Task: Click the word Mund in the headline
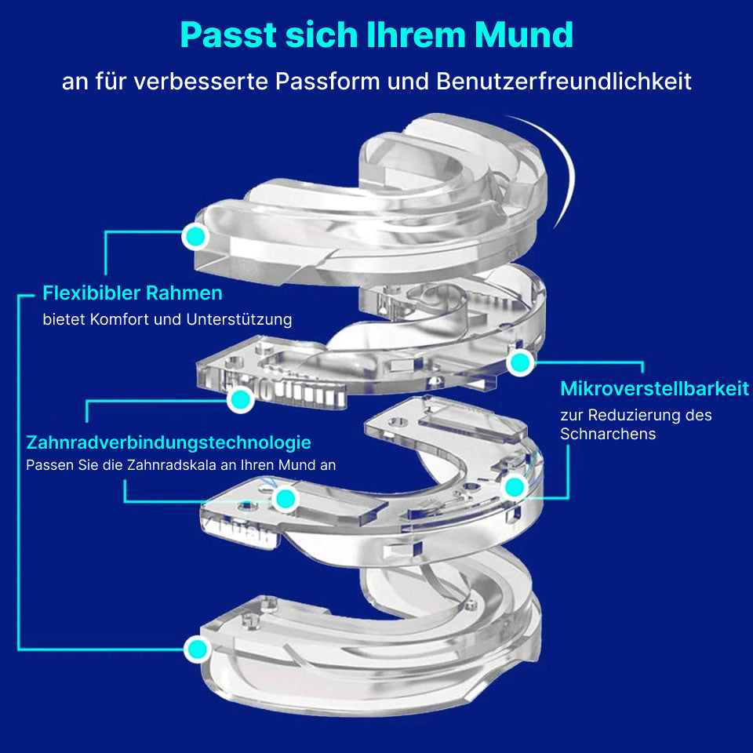(524, 35)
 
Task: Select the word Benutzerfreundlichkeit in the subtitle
(564, 81)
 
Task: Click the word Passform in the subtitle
(328, 81)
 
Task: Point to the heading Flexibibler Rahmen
(133, 293)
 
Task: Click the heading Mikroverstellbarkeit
(654, 388)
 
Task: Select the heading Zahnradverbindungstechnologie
(169, 442)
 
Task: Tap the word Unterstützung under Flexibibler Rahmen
(239, 319)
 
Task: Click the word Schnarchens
(608, 434)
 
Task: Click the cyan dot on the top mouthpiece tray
(195, 236)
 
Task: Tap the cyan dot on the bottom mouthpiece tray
(197, 649)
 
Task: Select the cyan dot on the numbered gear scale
(240, 399)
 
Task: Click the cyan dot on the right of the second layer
(520, 362)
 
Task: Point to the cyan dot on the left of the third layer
(286, 499)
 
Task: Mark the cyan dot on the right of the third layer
(515, 487)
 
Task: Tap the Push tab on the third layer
(242, 529)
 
